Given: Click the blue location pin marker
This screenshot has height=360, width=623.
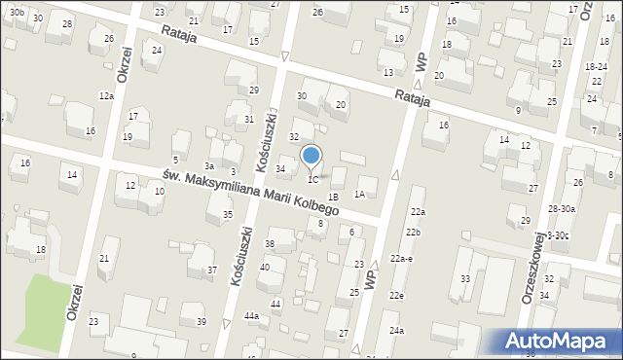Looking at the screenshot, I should pos(311,156).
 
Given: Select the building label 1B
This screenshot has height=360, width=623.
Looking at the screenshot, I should pos(333,198).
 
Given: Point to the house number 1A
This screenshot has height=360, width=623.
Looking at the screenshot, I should pos(359,195).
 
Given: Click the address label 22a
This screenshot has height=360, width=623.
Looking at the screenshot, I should pos(418,212).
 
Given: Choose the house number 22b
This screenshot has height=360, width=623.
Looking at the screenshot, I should pos(414,233).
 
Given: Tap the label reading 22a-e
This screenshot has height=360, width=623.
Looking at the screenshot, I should pos(403,258).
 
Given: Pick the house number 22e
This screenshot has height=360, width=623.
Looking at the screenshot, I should pos(396,296).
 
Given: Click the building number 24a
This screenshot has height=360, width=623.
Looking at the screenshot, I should pos(396,331).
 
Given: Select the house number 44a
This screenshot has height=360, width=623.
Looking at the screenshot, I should pos(251,316).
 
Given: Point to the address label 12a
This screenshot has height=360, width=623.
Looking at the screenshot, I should pos(106,96).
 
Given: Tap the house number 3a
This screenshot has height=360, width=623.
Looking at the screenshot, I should pos(208,166).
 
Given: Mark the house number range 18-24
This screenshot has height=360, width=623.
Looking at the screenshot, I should pos(597,66).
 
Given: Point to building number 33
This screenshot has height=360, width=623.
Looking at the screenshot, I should pos(465,279).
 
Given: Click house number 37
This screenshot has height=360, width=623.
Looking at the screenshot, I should pos(211,270).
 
